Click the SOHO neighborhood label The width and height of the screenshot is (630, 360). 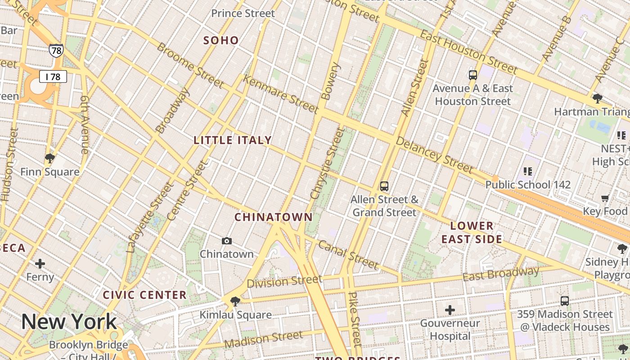coord(221,40)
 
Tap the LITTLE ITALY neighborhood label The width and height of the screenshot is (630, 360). coord(233,140)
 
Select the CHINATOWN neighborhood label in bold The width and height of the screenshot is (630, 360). coord(273,217)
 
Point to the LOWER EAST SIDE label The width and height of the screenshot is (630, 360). coord(472,232)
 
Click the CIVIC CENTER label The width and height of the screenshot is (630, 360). coord(144,295)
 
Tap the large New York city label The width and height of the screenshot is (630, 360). coord(69,321)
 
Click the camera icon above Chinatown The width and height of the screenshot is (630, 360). coord(227,241)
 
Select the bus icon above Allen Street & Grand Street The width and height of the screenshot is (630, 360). coord(384,186)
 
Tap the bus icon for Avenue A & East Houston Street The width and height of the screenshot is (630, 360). coord(472,75)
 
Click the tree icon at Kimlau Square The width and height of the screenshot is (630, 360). coord(234,301)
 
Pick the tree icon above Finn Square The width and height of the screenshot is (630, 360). coord(50,158)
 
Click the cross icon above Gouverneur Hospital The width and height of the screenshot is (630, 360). coord(450,310)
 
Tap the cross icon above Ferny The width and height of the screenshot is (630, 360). coord(40,263)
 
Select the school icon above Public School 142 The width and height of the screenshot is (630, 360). coord(527,171)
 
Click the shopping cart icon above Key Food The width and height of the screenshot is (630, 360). coord(605,198)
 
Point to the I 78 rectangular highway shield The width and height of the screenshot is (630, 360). coord(53,77)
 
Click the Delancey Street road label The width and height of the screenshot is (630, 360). coord(434,155)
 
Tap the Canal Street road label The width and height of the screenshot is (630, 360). coord(348,254)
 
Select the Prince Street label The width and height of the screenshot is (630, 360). coord(243,13)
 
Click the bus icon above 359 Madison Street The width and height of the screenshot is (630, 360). coord(565,301)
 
